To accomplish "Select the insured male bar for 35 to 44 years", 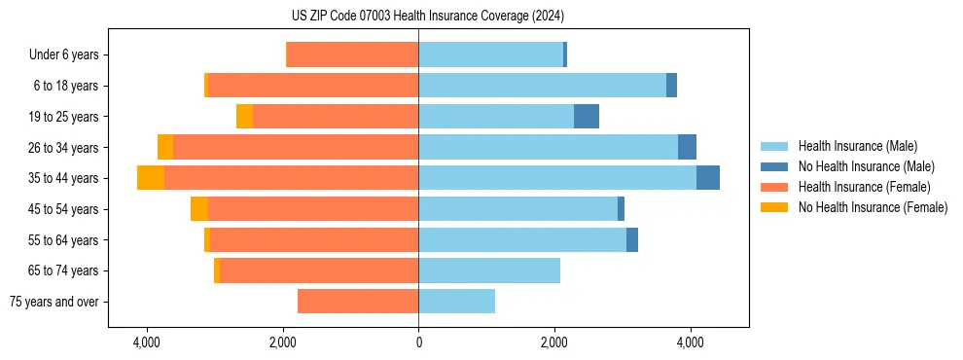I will [557, 178].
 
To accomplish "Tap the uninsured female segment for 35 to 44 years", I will [151, 178].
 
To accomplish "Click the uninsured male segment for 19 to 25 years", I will [587, 117].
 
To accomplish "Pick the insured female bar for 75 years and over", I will [358, 302].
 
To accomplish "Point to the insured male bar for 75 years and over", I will [457, 302].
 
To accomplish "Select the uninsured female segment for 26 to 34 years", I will [165, 147].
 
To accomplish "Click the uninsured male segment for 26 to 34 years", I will [687, 147].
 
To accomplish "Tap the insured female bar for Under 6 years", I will [353, 54].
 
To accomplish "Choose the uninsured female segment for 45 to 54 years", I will [199, 209].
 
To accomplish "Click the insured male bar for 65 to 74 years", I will [489, 270].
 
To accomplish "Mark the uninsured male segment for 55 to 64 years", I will [632, 239].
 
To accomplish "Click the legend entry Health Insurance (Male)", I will [857, 146].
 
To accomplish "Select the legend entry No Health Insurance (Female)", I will [873, 207].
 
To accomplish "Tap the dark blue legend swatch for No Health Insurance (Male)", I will [774, 166].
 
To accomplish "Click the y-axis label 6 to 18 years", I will [66, 86].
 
